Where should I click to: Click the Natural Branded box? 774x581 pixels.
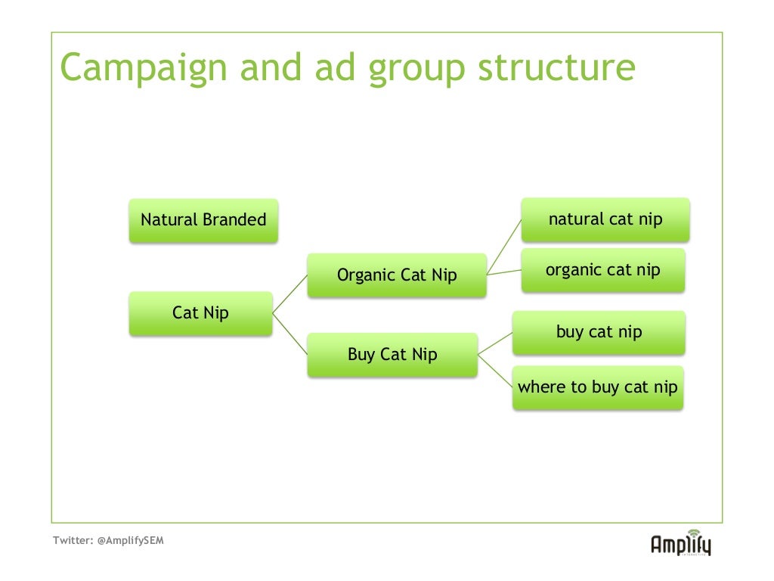(203, 220)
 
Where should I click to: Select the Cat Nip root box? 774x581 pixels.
(200, 313)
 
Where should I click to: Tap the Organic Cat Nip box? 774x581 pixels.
(397, 275)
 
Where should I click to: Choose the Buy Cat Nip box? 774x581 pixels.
(392, 354)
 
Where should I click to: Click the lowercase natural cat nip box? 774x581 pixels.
(605, 219)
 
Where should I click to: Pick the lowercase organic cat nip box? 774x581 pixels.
(602, 270)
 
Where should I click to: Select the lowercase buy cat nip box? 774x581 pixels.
(599, 332)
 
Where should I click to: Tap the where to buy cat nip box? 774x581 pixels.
(597, 387)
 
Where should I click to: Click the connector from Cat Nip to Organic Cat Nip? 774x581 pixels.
(289, 294)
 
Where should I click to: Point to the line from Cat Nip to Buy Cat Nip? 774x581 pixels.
(289, 334)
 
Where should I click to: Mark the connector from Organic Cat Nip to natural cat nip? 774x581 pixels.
(504, 247)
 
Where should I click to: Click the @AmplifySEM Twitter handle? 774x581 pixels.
(131, 541)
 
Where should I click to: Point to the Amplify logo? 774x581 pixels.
(680, 542)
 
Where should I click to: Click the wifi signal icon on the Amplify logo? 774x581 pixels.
(694, 533)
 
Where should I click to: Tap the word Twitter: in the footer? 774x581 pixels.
(73, 541)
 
